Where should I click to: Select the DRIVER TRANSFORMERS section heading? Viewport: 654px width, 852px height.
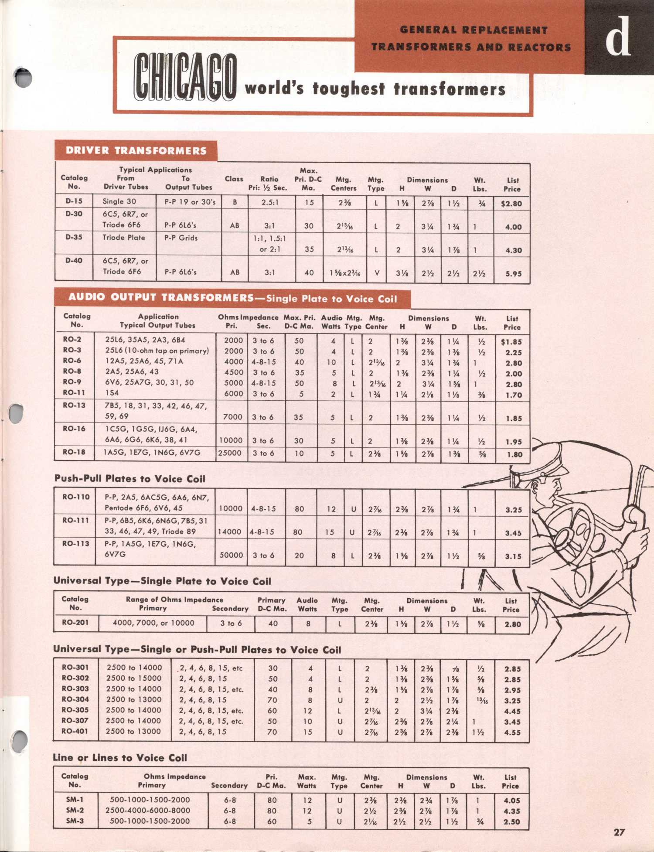136,151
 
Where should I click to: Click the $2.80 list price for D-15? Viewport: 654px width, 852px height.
511,204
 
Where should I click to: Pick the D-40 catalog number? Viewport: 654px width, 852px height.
74,261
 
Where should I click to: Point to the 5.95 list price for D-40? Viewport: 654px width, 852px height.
514,274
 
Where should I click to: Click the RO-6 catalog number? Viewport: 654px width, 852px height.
72,361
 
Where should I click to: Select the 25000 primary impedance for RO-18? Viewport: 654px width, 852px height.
230,453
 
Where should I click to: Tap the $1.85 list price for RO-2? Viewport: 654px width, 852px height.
511,342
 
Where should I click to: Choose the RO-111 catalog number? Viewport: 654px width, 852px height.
76,520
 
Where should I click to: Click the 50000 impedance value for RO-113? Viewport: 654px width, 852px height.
231,555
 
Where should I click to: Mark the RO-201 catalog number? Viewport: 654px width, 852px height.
75,623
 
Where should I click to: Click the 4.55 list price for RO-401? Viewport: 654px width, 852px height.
512,733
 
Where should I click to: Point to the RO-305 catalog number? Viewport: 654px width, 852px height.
75,710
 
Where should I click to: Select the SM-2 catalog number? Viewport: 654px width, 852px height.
75,810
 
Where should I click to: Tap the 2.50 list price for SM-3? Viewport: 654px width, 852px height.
512,821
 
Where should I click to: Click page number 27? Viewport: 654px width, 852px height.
619,832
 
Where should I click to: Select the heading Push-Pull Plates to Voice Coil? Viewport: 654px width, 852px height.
129,479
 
